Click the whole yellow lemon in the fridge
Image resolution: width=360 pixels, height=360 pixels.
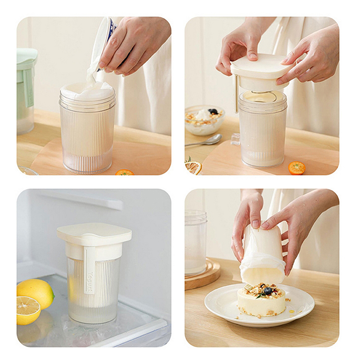[36, 291]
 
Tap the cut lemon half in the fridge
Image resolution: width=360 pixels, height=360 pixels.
[28, 310]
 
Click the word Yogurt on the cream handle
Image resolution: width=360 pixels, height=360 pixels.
[90, 282]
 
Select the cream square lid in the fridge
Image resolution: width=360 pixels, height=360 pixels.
[94, 233]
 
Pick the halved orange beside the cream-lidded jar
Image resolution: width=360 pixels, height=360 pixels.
[297, 168]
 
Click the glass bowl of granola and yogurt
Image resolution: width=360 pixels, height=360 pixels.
[204, 120]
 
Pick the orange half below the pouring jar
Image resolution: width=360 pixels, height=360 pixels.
[124, 172]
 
